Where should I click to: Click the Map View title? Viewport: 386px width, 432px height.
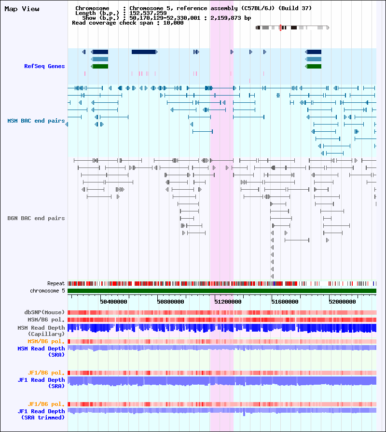[x=22, y=9]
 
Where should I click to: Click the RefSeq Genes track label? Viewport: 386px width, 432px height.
[x=44, y=66]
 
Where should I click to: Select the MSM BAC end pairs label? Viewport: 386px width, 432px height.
[x=36, y=121]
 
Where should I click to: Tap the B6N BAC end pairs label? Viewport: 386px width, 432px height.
[x=36, y=218]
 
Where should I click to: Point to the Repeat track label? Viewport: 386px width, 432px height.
[x=56, y=283]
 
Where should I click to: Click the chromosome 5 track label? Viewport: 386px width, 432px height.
[x=47, y=291]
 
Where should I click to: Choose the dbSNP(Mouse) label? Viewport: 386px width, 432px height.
[x=44, y=312]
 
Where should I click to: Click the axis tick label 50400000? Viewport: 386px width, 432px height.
[x=113, y=302]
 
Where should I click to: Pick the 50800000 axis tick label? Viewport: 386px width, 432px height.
[x=170, y=302]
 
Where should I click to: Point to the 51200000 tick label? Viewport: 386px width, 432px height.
[x=228, y=302]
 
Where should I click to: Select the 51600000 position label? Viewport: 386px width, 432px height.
[x=285, y=302]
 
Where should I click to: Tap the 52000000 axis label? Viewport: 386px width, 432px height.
[x=342, y=302]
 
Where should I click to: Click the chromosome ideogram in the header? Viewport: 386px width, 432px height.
[x=292, y=28]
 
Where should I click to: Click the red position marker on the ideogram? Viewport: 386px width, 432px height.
[x=280, y=28]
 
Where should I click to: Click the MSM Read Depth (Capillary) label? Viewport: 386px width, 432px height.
[x=41, y=331]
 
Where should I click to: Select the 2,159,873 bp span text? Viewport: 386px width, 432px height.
[x=231, y=18]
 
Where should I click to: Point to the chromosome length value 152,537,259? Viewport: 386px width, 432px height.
[x=148, y=13]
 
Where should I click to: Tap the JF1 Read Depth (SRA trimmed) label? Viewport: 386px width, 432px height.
[x=41, y=414]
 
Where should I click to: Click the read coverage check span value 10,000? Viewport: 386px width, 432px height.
[x=173, y=23]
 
